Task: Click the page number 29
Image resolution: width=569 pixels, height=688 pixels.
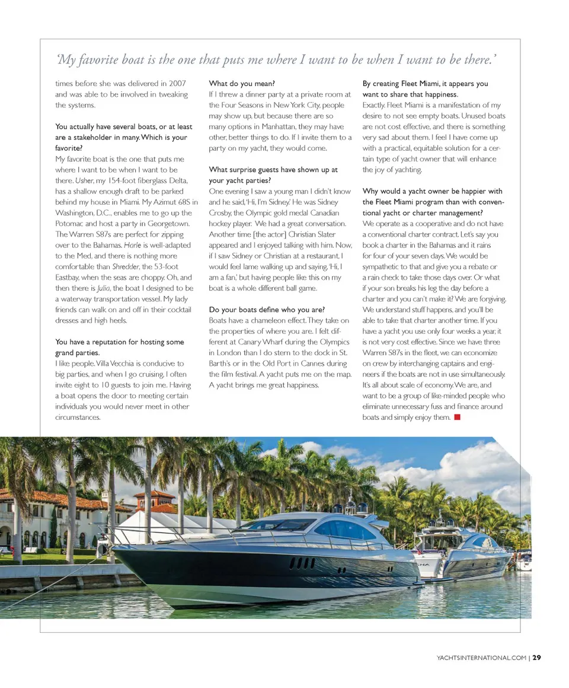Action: (x=536, y=657)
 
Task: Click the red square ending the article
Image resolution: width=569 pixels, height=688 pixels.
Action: (x=457, y=418)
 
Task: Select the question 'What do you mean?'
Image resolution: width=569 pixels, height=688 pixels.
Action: (x=242, y=84)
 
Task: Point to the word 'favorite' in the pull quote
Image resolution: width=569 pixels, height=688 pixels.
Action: (x=96, y=59)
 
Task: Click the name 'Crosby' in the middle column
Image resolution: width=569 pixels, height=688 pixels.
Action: (x=220, y=213)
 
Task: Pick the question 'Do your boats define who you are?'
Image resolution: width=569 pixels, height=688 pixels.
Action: (x=267, y=310)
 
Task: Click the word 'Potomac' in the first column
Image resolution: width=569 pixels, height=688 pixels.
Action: (x=71, y=224)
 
